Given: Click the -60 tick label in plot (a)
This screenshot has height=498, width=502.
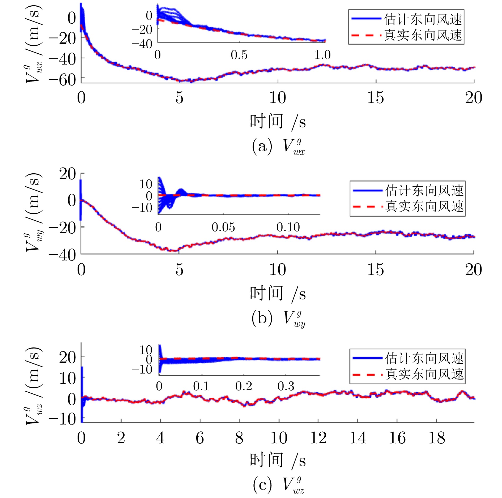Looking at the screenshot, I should tap(62, 80).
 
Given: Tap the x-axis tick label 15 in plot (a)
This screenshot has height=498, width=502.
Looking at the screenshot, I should tap(375, 98).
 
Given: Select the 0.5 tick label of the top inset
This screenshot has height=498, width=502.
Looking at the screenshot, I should tap(239, 55).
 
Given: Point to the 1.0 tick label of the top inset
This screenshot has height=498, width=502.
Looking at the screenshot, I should tap(322, 55).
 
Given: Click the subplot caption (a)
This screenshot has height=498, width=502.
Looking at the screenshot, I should tap(278, 146).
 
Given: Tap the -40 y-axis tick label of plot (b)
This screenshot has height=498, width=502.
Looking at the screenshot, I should tap(62, 255).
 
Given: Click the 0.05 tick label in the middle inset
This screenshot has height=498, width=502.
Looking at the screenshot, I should tap(223, 227).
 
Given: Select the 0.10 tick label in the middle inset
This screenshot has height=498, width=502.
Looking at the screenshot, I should tap(288, 227).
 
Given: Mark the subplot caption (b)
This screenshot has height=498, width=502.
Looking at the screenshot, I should tap(278, 318).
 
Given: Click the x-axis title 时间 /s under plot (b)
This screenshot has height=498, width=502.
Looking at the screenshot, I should tap(278, 294).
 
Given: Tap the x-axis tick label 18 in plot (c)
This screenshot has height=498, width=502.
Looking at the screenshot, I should tap(436, 438).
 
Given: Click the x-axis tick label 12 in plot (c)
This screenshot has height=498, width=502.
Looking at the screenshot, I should tap(318, 438).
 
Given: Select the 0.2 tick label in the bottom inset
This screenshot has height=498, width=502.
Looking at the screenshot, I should tap(244, 386).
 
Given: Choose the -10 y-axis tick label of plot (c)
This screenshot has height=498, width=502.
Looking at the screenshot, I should tap(62, 419).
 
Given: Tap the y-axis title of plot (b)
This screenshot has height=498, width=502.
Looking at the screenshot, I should tap(34, 212).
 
